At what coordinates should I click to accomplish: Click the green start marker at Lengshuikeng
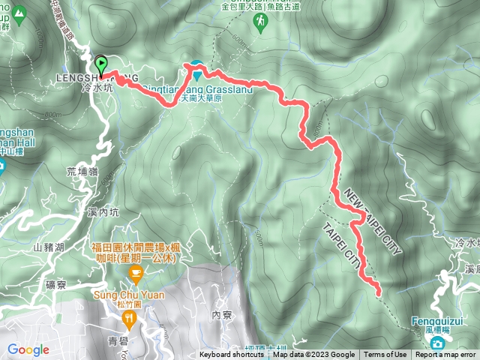click(101, 64)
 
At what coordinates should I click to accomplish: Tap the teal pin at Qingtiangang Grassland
click(196, 66)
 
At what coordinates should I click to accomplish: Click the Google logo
click(28, 349)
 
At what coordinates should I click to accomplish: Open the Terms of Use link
click(385, 355)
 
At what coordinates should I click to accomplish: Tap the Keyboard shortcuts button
click(232, 355)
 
